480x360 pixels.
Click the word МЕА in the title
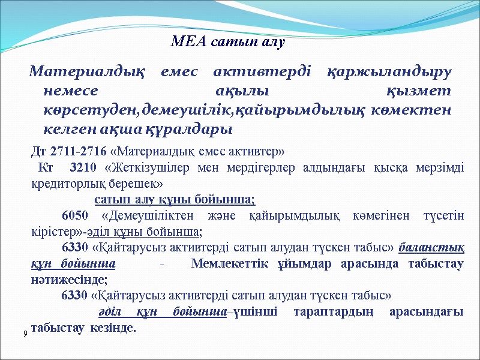(x=186, y=43)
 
